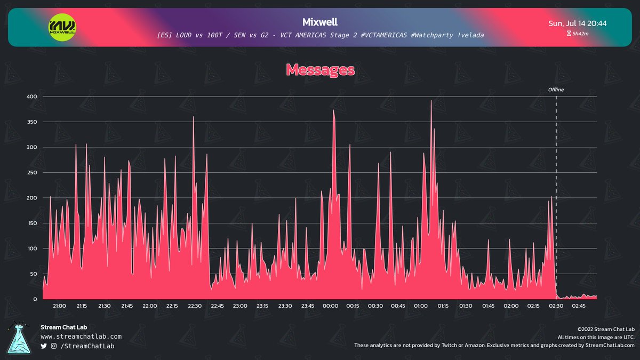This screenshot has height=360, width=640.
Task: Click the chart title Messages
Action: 320,69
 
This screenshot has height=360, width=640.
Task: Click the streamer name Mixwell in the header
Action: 320,22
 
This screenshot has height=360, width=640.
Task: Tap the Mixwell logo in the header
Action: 62,26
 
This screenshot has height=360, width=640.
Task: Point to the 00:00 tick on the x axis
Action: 330,306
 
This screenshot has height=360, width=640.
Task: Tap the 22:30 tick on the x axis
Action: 195,306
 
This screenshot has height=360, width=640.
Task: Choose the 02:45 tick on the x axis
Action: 579,306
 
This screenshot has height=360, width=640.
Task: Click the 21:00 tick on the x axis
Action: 59,306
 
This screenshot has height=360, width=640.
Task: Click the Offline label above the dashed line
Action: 556,90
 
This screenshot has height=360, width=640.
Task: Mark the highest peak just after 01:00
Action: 431,101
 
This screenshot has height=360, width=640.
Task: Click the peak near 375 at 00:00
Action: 333,110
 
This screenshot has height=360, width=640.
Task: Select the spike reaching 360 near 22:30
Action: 193,117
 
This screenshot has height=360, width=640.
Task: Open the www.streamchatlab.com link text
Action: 81,337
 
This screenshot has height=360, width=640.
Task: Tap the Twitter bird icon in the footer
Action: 44,347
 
